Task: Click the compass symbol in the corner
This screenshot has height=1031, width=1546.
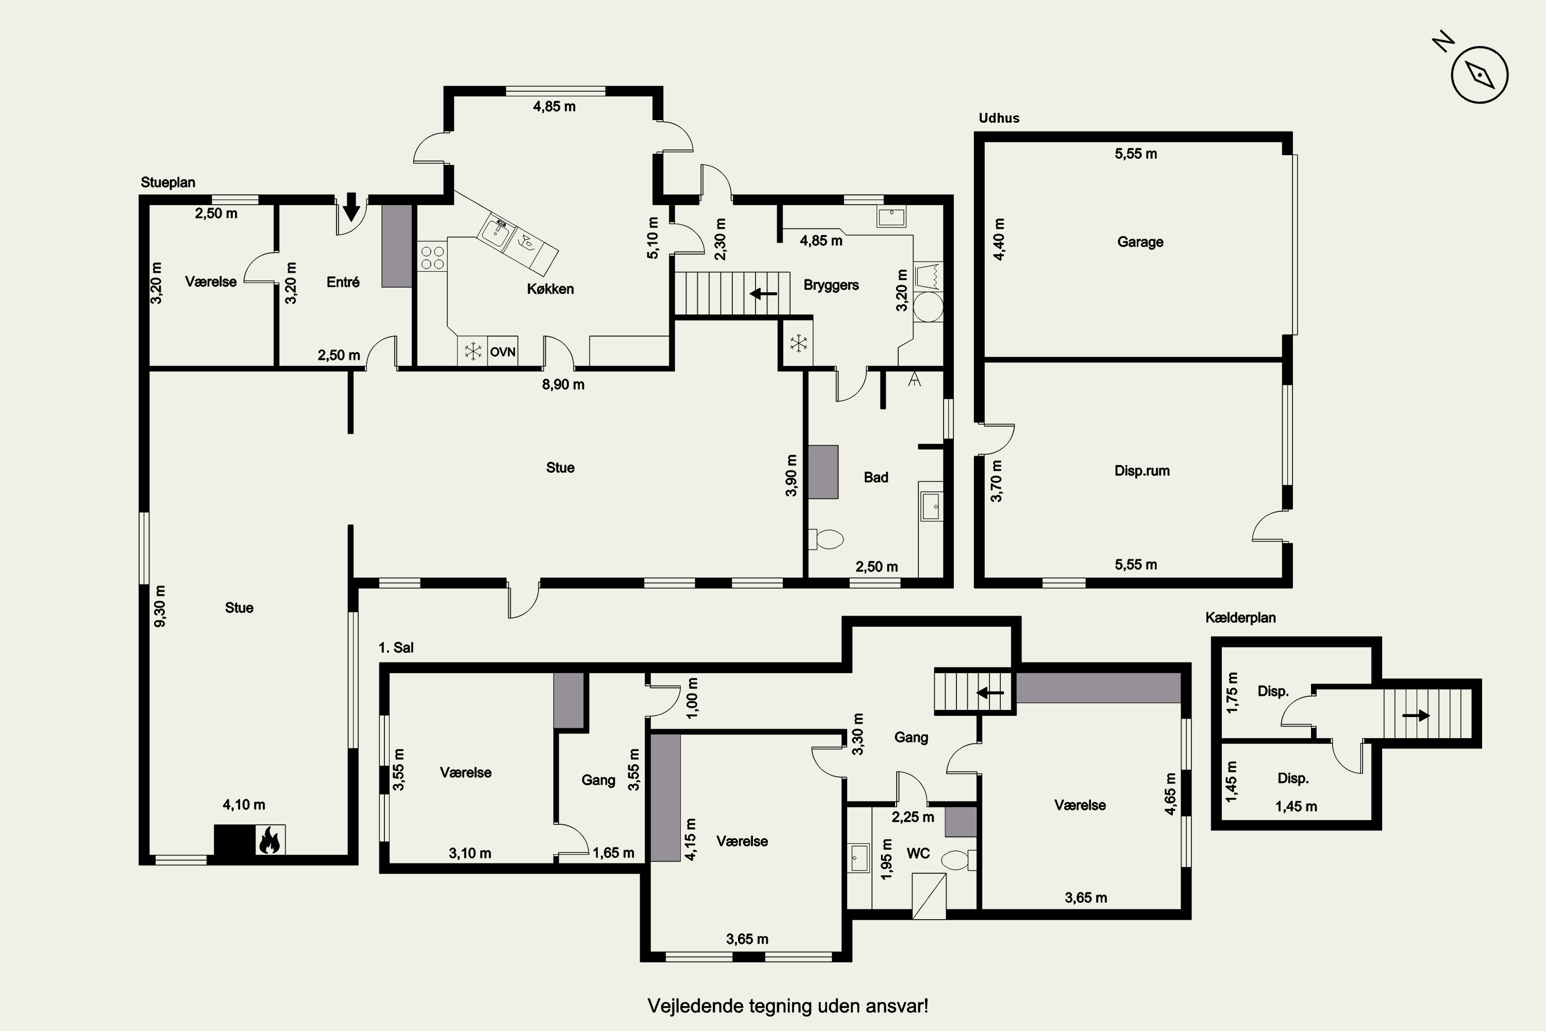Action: click(x=1480, y=74)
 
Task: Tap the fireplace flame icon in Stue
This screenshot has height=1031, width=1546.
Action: click(x=270, y=840)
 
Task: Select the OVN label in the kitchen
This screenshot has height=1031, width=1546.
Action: click(x=503, y=352)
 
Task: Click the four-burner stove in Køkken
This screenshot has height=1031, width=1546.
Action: click(x=432, y=257)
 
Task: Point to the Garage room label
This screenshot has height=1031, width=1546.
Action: click(x=1140, y=242)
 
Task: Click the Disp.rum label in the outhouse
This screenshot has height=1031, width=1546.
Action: click(x=1142, y=471)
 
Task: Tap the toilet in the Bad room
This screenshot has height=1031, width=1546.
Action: click(x=826, y=540)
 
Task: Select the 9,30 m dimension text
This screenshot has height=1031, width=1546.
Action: click(x=160, y=606)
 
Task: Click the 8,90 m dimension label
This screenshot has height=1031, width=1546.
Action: click(x=563, y=385)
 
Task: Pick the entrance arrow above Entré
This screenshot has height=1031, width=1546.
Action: click(x=351, y=207)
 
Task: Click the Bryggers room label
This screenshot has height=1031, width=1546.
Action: click(x=831, y=286)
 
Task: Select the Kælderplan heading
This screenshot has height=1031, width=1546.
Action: click(x=1240, y=618)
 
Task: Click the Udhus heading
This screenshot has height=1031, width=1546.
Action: click(x=999, y=119)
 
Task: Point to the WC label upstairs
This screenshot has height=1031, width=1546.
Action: click(x=918, y=854)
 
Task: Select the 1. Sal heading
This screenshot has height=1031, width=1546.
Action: click(x=396, y=647)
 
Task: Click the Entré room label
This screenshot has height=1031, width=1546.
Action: click(x=343, y=282)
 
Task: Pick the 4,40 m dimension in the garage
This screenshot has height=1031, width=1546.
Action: click(x=999, y=239)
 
